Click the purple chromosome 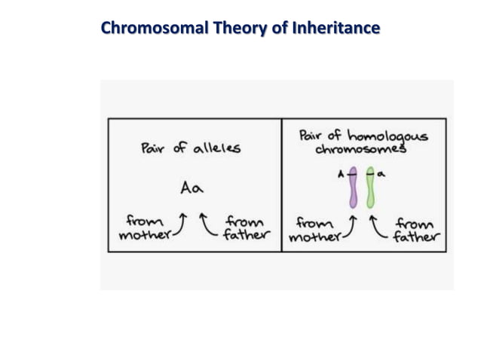coord(353,189)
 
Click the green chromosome coord(370,189)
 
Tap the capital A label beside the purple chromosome coord(341,174)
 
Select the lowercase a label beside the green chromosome coord(381,173)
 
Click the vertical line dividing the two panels coord(281,185)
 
